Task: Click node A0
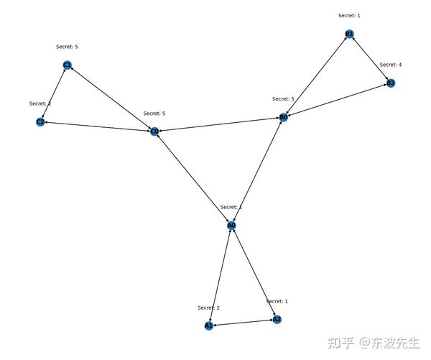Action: tap(231, 226)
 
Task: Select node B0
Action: tap(284, 117)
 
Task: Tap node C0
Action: tap(154, 131)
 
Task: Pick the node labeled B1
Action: tap(349, 34)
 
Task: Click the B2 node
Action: tap(391, 83)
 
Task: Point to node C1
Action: tap(68, 65)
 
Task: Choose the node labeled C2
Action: tap(41, 122)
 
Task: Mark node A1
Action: tap(209, 326)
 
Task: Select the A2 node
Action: tap(277, 319)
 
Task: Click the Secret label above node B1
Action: tap(349, 15)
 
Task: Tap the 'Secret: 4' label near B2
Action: tap(391, 65)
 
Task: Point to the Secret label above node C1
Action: tap(67, 47)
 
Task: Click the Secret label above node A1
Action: tap(208, 308)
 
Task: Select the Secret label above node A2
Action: tap(277, 301)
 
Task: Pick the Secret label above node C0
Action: tap(154, 114)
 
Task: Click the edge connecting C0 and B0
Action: tap(219, 124)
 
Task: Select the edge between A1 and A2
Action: tap(243, 323)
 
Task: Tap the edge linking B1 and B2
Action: tap(370, 59)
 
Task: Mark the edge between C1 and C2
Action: tap(54, 94)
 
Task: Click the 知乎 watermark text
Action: tap(341, 343)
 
